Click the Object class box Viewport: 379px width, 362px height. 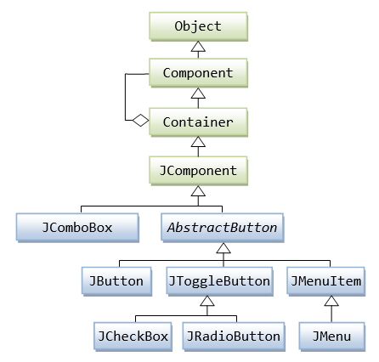point(198,25)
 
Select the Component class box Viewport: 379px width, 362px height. point(198,73)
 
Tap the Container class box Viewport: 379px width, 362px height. point(198,122)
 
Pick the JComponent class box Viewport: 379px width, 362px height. point(198,170)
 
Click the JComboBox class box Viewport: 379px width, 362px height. point(77,227)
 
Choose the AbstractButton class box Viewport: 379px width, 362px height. point(223,227)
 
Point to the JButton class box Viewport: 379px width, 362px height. point(116,280)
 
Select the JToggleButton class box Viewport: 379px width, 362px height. point(219,280)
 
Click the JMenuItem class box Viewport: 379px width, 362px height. point(325,280)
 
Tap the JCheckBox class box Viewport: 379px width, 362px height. point(132,336)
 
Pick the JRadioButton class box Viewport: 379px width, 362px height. point(232,336)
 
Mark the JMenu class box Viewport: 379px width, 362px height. point(331,336)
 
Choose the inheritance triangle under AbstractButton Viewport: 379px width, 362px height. point(223,249)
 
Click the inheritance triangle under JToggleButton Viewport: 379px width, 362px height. point(207,302)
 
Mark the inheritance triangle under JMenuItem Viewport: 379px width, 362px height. point(331,302)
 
